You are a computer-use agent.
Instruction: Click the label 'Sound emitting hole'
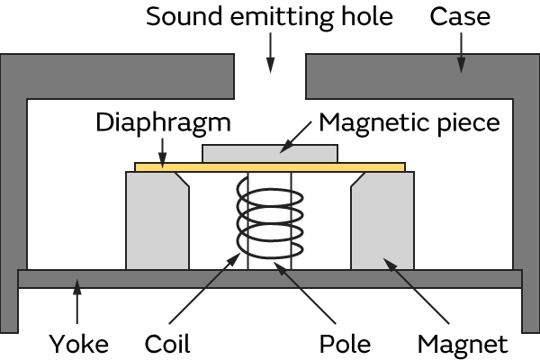tap(269, 16)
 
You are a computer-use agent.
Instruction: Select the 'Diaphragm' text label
tap(163, 122)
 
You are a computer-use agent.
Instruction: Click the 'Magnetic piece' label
tap(409, 122)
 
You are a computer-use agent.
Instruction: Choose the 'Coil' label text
tap(166, 343)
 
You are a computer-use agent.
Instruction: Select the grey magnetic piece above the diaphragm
tap(270, 153)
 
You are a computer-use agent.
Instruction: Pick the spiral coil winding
tap(265, 220)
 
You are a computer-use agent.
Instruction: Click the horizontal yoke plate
tap(270, 278)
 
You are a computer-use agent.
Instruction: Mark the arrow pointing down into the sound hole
tap(269, 54)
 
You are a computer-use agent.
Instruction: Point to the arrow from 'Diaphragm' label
tap(163, 149)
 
